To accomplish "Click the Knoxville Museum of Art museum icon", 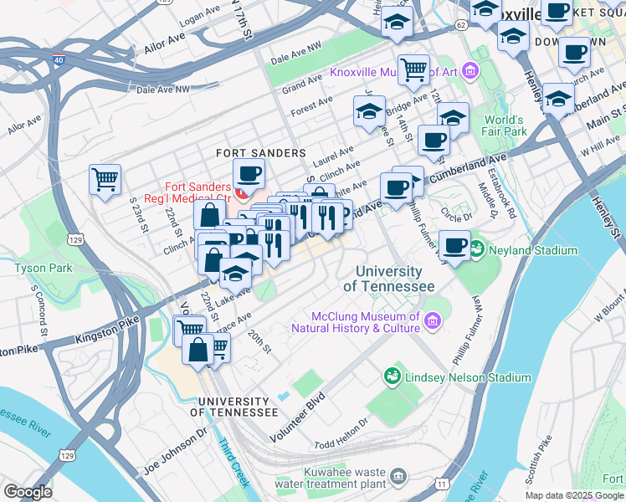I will point(470,71).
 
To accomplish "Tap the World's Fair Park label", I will point(504,125).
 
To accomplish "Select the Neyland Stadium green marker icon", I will point(477,249).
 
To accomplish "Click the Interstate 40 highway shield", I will point(58,60).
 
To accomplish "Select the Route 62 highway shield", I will point(461,25).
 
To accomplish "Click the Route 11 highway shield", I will point(442,484).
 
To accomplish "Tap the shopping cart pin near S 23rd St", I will point(105,179).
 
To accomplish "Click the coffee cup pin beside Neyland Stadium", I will point(454,247).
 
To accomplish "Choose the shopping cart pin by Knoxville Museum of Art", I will point(413,70).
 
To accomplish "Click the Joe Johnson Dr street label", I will point(174,452).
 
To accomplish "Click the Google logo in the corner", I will point(28,492).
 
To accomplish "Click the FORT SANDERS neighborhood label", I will point(249,153).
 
